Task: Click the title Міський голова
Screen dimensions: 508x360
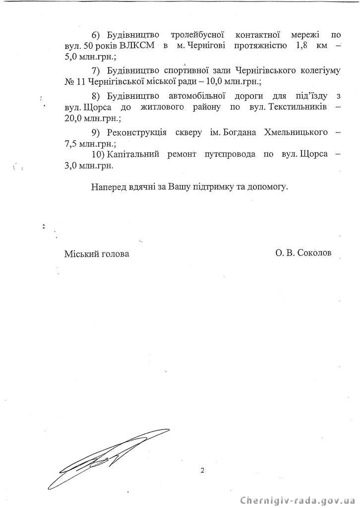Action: click(97, 254)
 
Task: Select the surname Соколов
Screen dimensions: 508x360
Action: click(313, 253)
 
